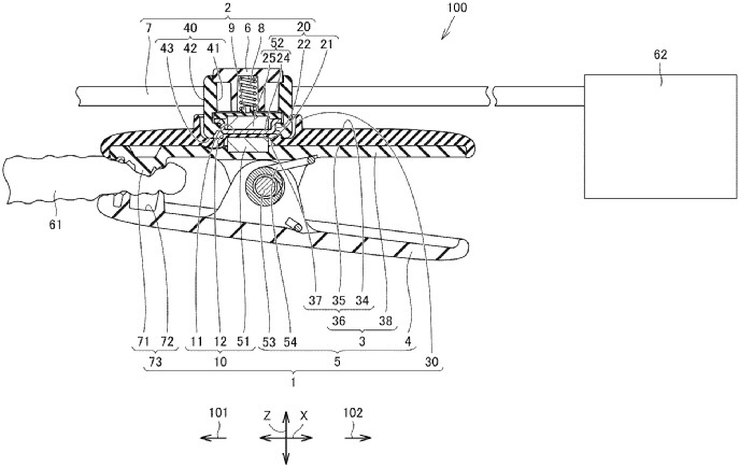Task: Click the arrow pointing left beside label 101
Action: (213, 438)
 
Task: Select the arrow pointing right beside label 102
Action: (358, 438)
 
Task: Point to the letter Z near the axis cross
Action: (268, 416)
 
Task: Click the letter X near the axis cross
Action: (304, 416)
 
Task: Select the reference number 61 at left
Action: (55, 224)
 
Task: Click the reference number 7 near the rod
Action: (149, 28)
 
